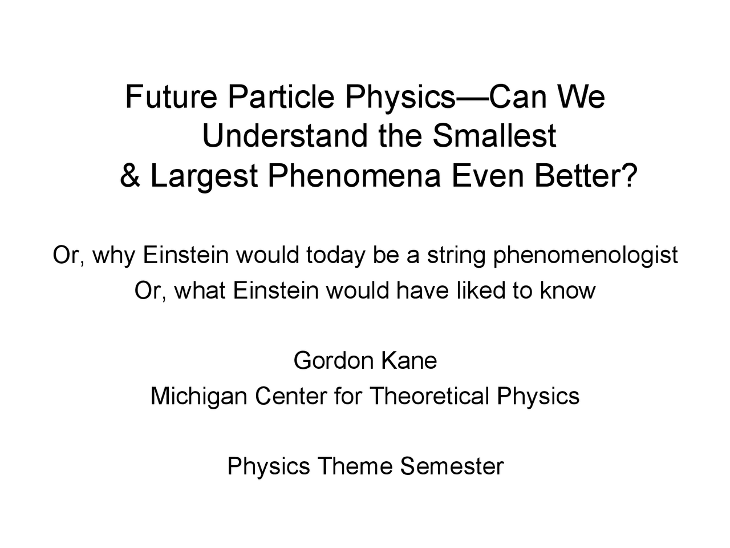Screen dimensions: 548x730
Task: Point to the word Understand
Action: pos(285,136)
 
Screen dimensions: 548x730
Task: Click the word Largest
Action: pos(204,178)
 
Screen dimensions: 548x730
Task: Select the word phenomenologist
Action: pos(585,256)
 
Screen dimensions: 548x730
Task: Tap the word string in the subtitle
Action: pos(456,256)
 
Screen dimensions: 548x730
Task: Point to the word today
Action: pos(334,256)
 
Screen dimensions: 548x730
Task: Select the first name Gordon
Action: pos(334,361)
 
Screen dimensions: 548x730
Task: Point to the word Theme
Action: pos(355,466)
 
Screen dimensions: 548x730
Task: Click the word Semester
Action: pos(452,466)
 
